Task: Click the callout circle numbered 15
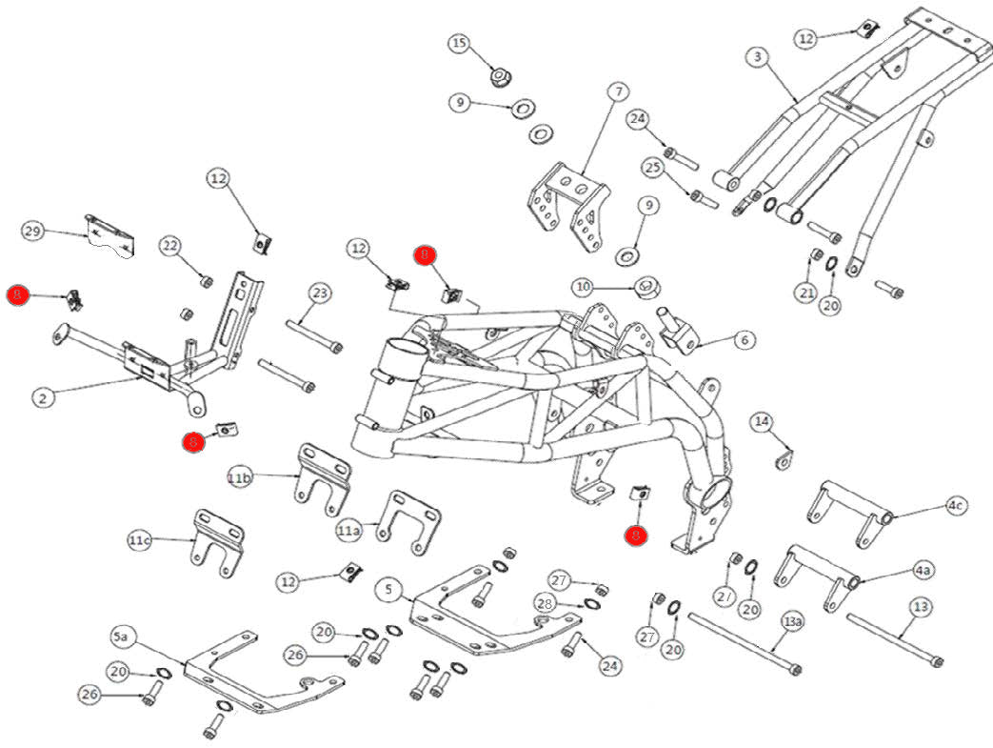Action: coord(460,44)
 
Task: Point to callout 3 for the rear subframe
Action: coord(757,57)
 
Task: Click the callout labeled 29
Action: coord(33,232)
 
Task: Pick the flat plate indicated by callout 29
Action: coord(110,235)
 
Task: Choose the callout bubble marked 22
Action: coord(169,247)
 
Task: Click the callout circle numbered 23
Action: coord(319,293)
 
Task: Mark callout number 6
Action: coord(745,340)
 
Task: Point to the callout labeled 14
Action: coord(761,422)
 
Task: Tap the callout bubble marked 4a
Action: coord(922,571)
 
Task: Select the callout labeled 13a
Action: coord(792,622)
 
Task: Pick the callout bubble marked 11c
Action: coord(140,541)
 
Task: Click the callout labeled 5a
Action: coord(121,636)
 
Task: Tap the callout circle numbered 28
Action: coord(545,604)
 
